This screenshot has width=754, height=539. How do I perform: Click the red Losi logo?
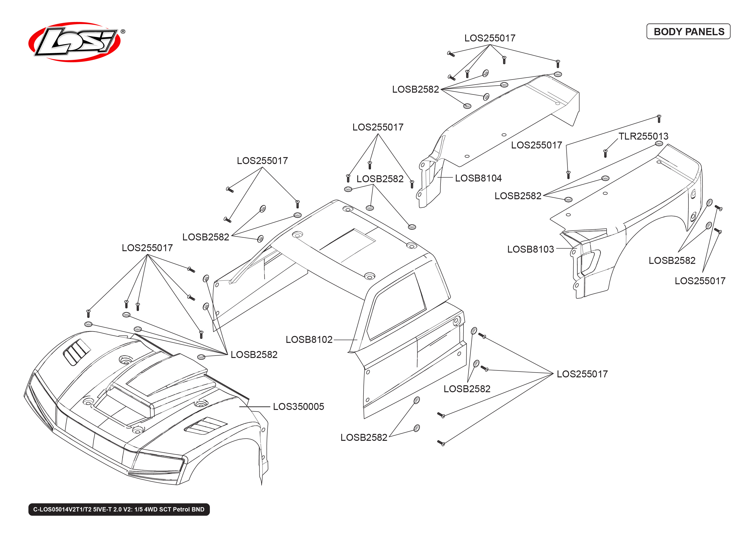tap(75, 42)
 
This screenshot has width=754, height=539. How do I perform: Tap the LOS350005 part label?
tap(298, 407)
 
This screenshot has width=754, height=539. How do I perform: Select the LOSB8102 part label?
tap(309, 340)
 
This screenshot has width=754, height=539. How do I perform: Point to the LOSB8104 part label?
tap(478, 178)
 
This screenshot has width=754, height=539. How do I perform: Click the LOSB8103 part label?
tap(530, 249)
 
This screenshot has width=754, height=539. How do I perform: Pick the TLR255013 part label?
tap(643, 136)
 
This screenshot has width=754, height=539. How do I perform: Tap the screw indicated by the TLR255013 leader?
tap(605, 153)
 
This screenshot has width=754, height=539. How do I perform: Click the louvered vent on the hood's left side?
tap(77, 352)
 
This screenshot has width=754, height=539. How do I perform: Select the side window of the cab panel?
tap(396, 307)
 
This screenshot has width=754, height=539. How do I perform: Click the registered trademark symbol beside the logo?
tap(123, 32)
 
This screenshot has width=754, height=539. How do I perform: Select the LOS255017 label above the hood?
tap(147, 248)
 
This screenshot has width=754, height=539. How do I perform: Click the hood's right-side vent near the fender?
tap(206, 426)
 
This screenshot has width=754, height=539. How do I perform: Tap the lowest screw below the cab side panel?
tap(441, 443)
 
